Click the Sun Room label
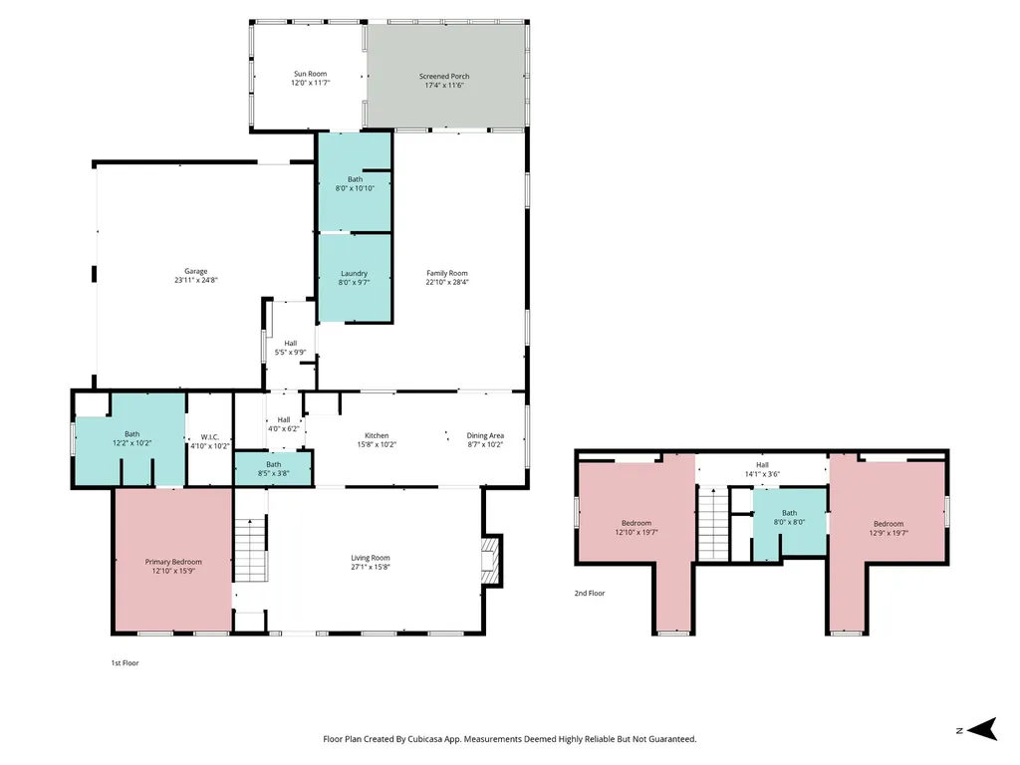311,74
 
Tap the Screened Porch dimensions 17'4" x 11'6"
444,86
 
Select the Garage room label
196,271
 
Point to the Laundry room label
354,274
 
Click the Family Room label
447,273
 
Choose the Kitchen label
377,436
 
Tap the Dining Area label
485,436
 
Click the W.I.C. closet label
210,437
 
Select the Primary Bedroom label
173,562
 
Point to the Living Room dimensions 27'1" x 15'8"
371,567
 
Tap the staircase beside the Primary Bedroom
250,550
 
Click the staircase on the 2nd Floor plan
713,524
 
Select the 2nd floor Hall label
762,465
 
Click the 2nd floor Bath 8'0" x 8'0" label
789,517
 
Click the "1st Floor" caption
125,662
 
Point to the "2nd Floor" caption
590,594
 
